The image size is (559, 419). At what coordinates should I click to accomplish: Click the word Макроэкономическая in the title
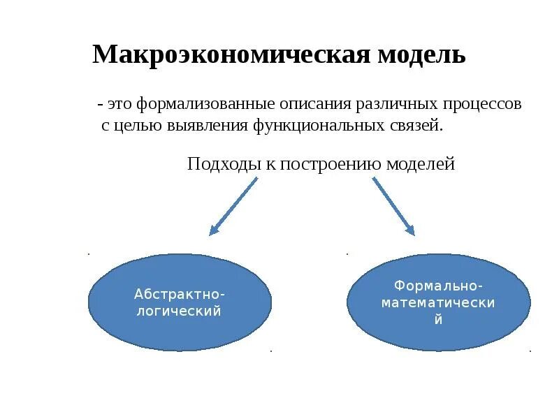(x=231, y=54)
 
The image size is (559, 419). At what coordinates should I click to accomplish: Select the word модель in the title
(x=422, y=54)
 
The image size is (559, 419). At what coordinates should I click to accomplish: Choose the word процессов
(x=481, y=105)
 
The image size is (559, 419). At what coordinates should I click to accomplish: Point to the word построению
(x=326, y=165)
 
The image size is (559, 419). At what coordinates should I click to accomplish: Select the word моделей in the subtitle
(x=419, y=165)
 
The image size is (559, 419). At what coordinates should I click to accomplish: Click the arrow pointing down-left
(x=233, y=205)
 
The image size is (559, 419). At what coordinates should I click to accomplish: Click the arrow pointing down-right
(x=393, y=205)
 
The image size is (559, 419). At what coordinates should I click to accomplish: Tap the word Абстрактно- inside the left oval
(x=180, y=294)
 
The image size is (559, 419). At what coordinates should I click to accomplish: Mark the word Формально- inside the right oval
(x=438, y=286)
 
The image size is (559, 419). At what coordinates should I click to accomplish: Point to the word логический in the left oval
(x=180, y=311)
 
